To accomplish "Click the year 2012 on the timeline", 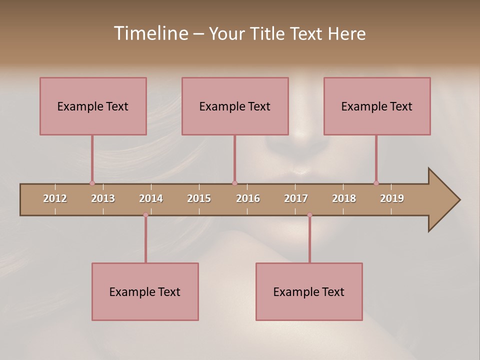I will click(55, 198).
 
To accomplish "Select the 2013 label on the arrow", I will click(103, 198).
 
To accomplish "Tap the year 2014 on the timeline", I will click(151, 198).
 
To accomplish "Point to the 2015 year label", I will click(199, 198).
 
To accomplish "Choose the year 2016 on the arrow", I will click(248, 198).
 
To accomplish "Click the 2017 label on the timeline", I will click(296, 198).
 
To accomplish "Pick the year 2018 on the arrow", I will click(344, 198).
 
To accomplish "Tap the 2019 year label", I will click(392, 198).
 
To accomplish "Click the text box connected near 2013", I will click(93, 106).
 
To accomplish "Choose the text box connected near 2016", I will click(235, 106).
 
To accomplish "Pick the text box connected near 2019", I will click(377, 106).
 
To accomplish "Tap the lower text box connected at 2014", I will click(145, 291).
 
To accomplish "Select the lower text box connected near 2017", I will click(309, 291).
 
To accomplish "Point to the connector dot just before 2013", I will click(92, 183).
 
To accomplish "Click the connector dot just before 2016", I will click(234, 183).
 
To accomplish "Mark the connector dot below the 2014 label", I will click(145, 215).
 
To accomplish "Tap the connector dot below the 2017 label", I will click(309, 215).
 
